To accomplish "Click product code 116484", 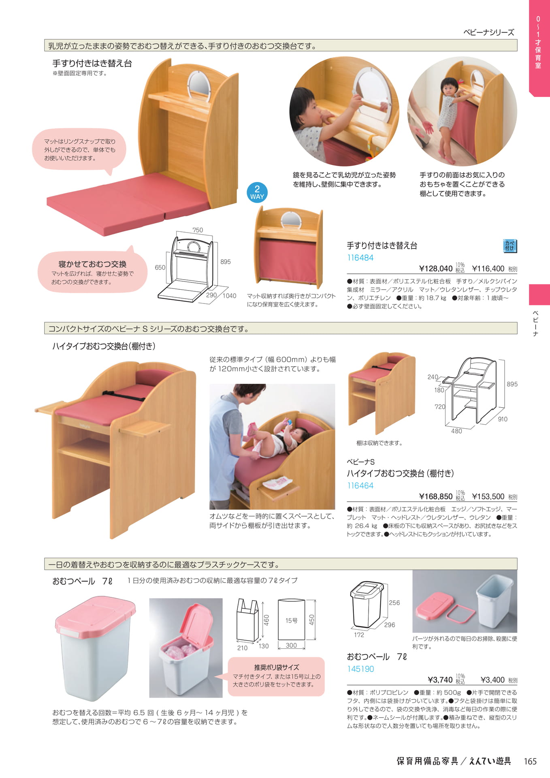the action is coord(360,258).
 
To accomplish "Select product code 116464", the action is coord(360,485).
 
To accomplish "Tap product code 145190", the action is coord(360,669).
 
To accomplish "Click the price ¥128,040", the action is coord(436,268).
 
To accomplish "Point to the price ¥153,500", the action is coord(488,496).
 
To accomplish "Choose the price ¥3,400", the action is coord(492,680).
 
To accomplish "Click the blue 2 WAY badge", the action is coord(257,193).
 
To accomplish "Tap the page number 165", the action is coord(530,761).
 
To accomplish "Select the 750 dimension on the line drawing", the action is coord(198,230).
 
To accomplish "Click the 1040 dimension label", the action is coord(229,296).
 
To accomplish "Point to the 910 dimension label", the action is coord(503,419).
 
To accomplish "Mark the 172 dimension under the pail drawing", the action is coord(359,635).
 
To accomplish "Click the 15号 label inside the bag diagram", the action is coord(291,620).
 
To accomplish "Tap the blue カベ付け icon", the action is coord(509,246).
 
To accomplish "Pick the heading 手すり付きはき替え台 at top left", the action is coord(92,63).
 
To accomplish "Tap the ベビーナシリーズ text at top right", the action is coord(489,32).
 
